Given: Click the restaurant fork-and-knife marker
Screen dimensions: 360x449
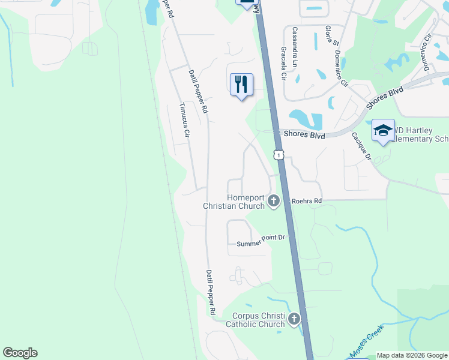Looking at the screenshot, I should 241,85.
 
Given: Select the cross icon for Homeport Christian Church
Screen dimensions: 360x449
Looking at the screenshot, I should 274,200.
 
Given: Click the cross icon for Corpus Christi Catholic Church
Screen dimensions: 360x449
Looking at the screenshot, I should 294,319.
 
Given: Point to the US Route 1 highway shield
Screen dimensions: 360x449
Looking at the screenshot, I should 279,155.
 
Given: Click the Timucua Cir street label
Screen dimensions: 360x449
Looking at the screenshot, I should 184,122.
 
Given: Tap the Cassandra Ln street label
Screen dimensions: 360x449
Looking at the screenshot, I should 297,42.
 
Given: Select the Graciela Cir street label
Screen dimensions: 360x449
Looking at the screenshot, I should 283,64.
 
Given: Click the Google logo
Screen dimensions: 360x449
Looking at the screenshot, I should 20,353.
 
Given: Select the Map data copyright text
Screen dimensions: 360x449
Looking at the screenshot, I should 411,355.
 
